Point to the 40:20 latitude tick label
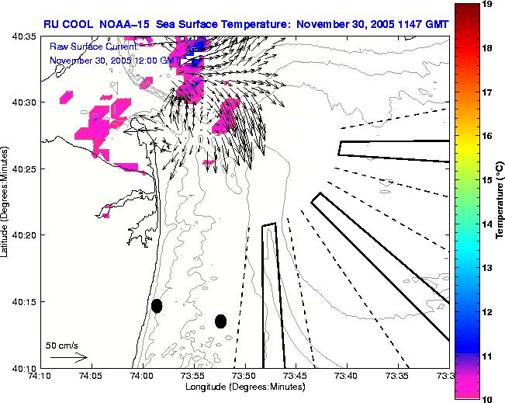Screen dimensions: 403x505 (23, 235)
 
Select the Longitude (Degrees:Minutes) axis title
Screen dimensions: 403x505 (244, 387)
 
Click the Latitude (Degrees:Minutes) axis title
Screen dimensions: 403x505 (6, 202)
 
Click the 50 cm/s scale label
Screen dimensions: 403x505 (61, 346)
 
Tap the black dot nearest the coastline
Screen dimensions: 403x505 (157, 306)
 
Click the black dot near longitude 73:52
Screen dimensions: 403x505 (221, 321)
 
